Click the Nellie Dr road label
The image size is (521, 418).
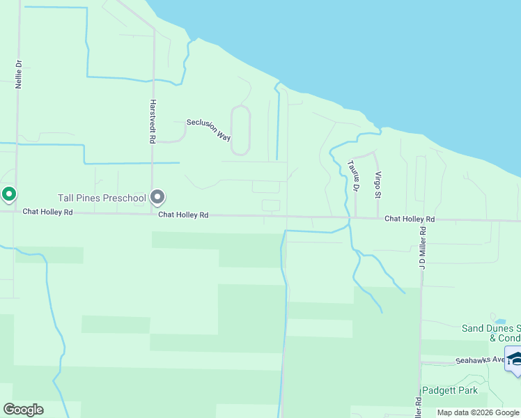coord(19,73)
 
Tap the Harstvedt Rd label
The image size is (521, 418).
coord(152,121)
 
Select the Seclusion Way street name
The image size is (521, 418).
coord(208,130)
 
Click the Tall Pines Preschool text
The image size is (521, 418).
coord(103,198)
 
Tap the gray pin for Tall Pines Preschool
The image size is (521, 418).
coord(157,199)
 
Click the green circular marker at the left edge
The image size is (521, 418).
coord(8,194)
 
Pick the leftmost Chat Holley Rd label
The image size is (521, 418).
coord(47,211)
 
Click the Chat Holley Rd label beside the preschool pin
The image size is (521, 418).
coord(183,215)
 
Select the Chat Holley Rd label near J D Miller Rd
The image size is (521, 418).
coord(410,219)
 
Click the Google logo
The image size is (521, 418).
coord(23,409)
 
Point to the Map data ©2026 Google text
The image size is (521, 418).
coord(478,412)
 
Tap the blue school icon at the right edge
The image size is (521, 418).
coord(514,359)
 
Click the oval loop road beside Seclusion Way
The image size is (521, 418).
coord(240,130)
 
